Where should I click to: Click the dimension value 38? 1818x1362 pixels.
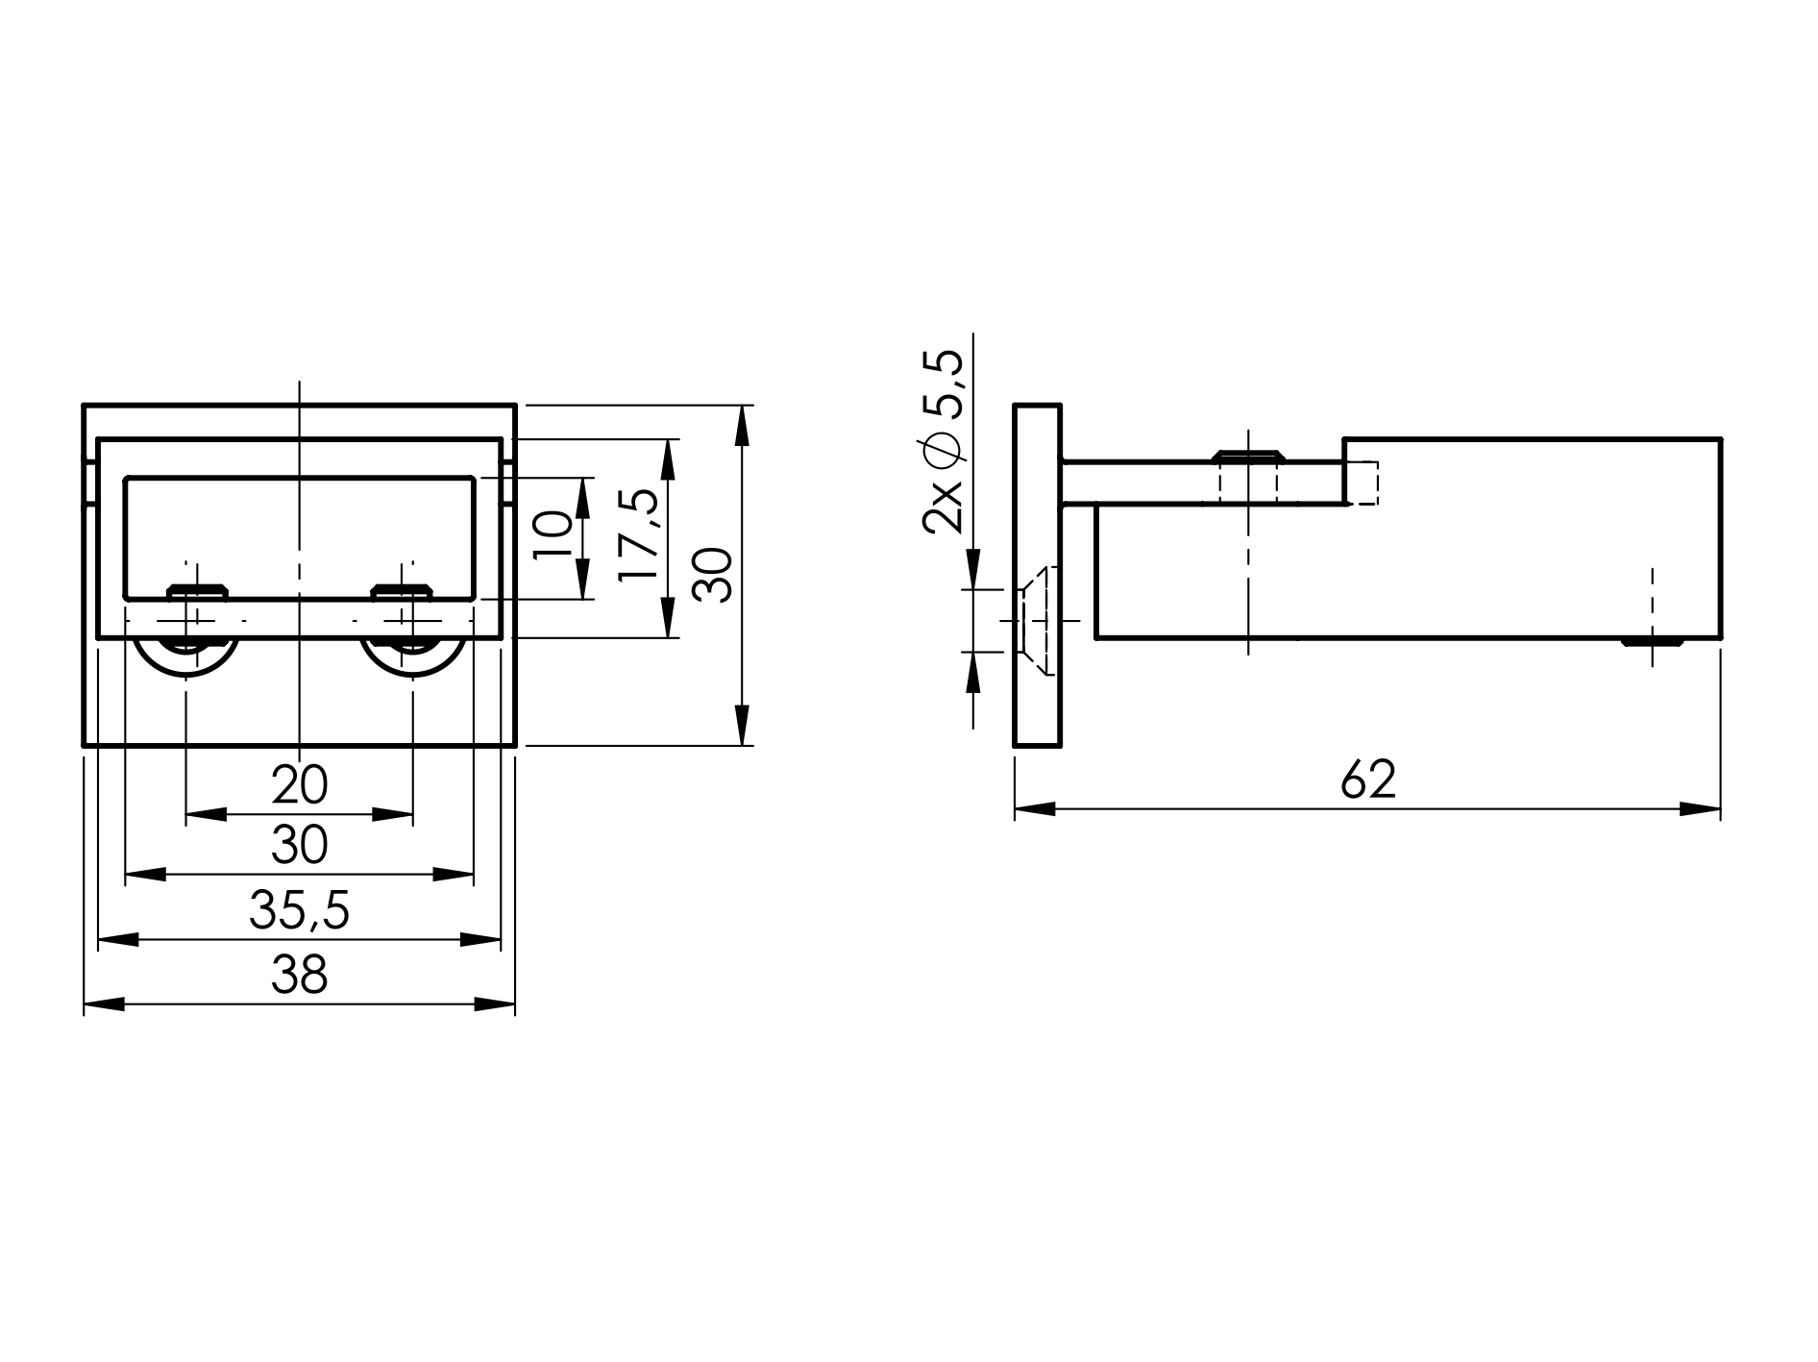click(x=299, y=975)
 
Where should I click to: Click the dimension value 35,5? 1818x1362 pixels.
click(x=299, y=910)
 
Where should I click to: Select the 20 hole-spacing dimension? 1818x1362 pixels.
click(x=299, y=785)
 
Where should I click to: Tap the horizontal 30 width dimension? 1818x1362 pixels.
click(x=299, y=846)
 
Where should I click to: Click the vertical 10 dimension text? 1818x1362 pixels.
click(x=553, y=535)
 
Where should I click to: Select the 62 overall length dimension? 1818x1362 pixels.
click(x=1367, y=780)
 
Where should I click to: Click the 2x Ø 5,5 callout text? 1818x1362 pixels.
click(x=943, y=441)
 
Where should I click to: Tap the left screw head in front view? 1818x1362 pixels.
click(x=197, y=591)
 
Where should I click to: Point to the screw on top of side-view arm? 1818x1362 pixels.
click(x=1247, y=455)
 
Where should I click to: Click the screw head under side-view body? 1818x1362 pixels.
click(x=1653, y=641)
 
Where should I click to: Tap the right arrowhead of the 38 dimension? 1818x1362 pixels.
click(x=496, y=1004)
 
